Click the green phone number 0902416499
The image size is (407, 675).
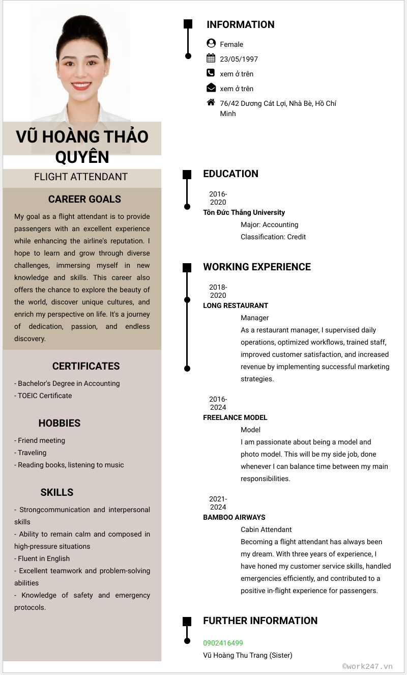tap(223, 643)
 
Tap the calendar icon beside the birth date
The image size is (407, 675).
tap(211, 58)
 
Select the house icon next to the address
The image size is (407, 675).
tap(211, 102)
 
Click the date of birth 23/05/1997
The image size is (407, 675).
tap(239, 59)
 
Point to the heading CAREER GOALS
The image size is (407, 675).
tap(84, 199)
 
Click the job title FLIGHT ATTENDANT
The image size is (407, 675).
tap(81, 177)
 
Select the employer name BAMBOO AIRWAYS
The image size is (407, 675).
tap(234, 517)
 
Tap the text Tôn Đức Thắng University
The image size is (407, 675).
tap(244, 212)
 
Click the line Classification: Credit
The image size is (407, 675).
tap(273, 237)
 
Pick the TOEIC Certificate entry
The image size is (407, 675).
tap(45, 396)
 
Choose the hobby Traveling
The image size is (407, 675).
tap(32, 453)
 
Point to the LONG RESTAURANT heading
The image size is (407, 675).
tap(236, 305)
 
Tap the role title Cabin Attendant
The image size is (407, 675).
tap(266, 529)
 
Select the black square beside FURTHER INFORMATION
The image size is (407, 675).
tap(187, 621)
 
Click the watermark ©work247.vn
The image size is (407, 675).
tap(367, 666)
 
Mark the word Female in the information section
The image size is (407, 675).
tap(231, 44)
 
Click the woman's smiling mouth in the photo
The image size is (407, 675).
tap(81, 86)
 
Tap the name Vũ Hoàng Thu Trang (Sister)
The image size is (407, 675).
tap(247, 655)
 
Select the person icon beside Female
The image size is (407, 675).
tap(211, 43)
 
